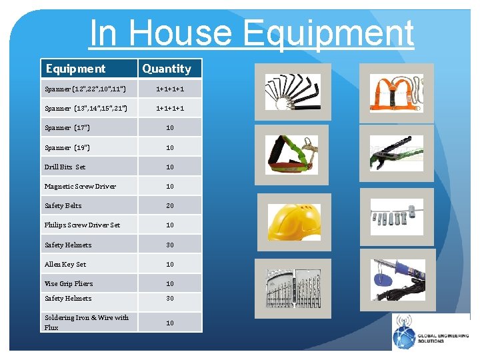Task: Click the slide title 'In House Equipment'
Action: pyautogui.click(x=251, y=33)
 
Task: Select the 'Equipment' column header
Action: pyautogui.click(x=75, y=69)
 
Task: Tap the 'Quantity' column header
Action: pyautogui.click(x=167, y=69)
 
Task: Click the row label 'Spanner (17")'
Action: pyautogui.click(x=67, y=127)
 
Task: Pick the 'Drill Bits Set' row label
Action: pyautogui.click(x=65, y=167)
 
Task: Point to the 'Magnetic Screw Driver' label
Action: pyautogui.click(x=80, y=186)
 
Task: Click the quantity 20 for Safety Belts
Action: pyautogui.click(x=170, y=206)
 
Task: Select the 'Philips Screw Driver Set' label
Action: pyautogui.click(x=82, y=225)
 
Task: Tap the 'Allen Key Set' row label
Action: pyautogui.click(x=65, y=265)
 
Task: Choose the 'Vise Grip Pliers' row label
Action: pyautogui.click(x=69, y=283)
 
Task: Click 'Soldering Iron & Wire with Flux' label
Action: pyautogui.click(x=87, y=322)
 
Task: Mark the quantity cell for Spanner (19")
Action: pyautogui.click(x=170, y=147)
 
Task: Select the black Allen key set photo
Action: pyautogui.click(x=293, y=91)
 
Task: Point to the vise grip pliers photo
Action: pyautogui.click(x=396, y=153)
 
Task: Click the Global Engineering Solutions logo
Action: pyautogui.click(x=431, y=332)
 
